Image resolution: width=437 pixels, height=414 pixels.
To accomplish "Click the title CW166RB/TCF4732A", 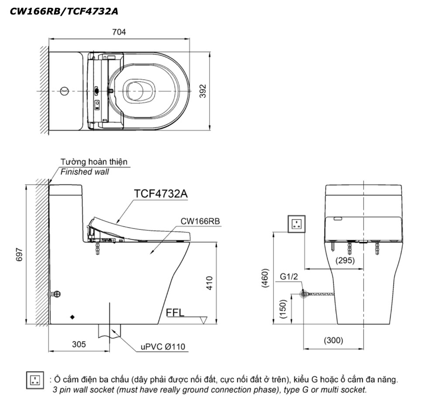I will point(64,11).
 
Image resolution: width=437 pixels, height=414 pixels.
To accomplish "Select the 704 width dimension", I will point(119,32).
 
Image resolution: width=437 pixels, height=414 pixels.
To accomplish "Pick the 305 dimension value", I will point(79,344).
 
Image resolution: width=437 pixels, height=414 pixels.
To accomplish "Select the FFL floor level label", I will point(175,312).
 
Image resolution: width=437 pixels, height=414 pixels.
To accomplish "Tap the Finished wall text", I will point(85,172).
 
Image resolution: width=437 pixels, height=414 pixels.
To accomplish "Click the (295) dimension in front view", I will point(345,260).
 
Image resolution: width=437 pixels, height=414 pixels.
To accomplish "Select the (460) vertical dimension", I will point(265,277).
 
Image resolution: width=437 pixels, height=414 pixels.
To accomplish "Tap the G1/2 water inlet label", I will point(289,277).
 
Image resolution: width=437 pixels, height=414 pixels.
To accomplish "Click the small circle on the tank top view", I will point(65,91).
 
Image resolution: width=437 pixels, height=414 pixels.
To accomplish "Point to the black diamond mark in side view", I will point(73,316).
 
